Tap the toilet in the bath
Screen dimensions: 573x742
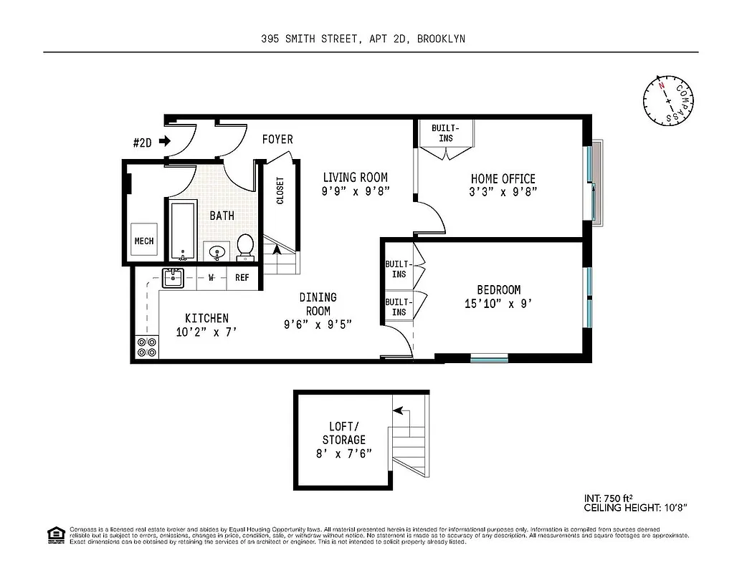click(x=245, y=246)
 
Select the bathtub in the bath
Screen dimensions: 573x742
click(x=184, y=230)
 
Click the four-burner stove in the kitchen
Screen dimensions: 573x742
click(x=146, y=347)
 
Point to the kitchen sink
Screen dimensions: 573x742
click(x=172, y=277)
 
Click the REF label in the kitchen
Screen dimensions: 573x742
click(x=242, y=278)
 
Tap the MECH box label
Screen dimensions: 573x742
click(x=144, y=242)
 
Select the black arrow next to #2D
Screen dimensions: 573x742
click(x=165, y=142)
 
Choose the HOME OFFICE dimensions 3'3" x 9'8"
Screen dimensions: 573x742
click(x=503, y=191)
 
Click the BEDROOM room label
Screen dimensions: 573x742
click(x=499, y=290)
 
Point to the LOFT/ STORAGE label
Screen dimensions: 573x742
click(x=343, y=433)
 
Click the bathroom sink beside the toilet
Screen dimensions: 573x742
click(x=217, y=251)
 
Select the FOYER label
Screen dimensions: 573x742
click(x=277, y=139)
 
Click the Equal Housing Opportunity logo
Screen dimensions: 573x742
click(x=54, y=534)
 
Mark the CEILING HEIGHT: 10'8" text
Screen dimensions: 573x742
click(x=636, y=508)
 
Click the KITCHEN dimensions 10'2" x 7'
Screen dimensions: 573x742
click(x=206, y=332)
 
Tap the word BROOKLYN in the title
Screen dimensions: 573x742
click(x=441, y=39)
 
